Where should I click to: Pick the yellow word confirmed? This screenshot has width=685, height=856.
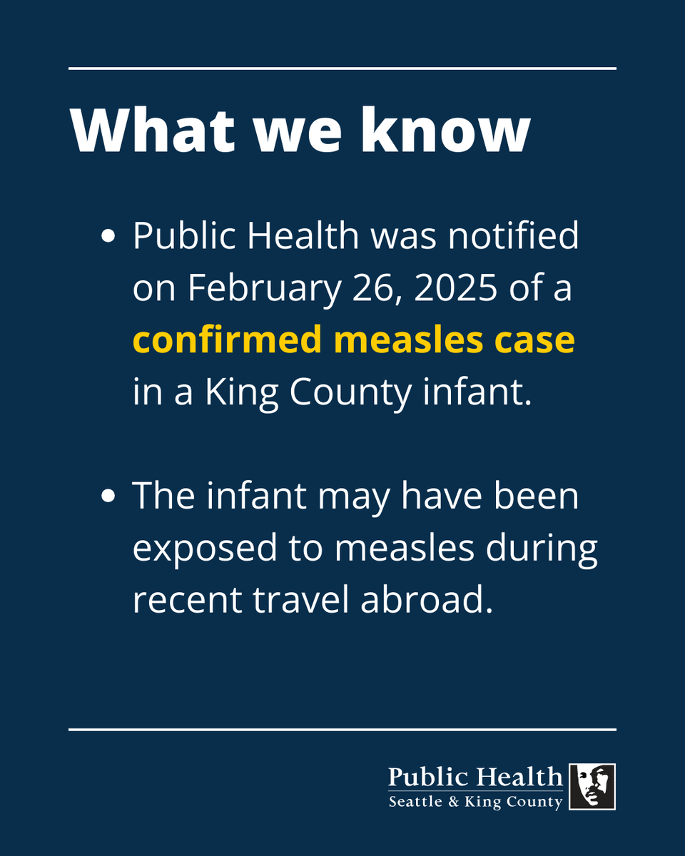coord(228,341)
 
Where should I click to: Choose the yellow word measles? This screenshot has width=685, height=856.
coord(407,341)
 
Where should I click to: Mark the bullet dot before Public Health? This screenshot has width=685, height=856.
coord(109,238)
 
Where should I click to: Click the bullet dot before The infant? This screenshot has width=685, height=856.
coord(109,497)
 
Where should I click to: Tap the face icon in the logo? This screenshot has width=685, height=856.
coord(592,786)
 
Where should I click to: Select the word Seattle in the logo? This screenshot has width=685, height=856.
coord(412,802)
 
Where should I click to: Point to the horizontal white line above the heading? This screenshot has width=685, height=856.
coord(342,68)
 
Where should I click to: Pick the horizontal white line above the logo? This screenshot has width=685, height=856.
coord(342,730)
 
